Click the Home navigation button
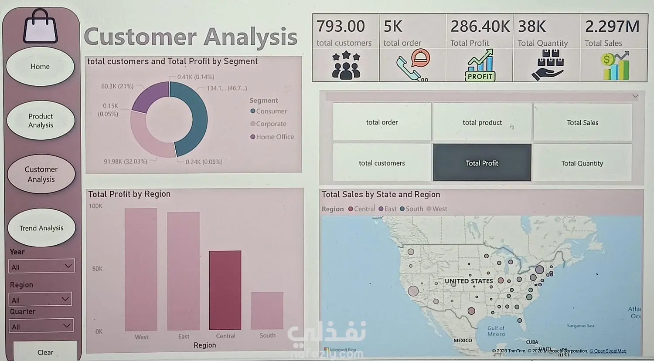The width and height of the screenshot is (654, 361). [40, 67]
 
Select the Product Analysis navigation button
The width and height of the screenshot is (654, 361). [41, 121]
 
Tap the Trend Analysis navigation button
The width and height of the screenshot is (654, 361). [41, 228]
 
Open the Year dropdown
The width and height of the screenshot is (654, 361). [41, 267]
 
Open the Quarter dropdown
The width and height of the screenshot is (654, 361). [41, 326]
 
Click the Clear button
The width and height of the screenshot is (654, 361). [45, 352]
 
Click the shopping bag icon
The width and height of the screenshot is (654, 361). [41, 27]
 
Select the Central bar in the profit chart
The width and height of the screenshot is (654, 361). [225, 290]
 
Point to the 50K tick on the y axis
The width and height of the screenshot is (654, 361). [97, 269]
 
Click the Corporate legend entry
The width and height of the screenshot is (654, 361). [271, 124]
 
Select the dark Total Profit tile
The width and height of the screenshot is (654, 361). [482, 163]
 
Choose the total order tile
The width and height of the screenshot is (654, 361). [382, 122]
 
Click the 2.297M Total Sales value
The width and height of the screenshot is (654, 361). [612, 27]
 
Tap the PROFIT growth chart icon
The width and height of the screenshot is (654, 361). [480, 65]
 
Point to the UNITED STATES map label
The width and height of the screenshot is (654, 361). [469, 281]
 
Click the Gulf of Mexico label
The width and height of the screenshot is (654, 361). [496, 331]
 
